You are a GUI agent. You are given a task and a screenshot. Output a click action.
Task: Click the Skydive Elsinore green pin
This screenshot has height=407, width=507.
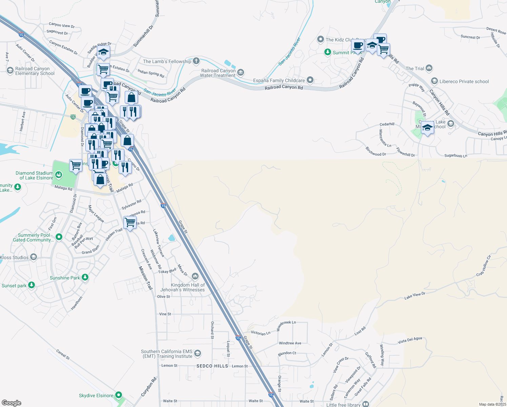pos(119,395)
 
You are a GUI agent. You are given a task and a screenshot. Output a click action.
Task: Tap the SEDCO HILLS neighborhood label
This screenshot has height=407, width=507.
pos(212,366)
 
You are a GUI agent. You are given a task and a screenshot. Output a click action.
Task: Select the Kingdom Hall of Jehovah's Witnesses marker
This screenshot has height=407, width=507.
pos(195,276)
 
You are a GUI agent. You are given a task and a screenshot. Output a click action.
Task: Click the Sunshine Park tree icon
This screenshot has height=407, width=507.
pos(85,277)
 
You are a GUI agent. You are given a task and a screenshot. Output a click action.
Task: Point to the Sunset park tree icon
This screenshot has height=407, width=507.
pos(32,285)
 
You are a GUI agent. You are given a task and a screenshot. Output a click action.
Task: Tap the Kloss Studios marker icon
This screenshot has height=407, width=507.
pos(34,257)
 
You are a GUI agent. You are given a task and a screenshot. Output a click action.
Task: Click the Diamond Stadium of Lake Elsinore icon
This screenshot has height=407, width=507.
pos(59,175)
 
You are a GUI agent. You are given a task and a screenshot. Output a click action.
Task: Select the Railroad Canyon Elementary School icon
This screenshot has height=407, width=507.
pos(10,70)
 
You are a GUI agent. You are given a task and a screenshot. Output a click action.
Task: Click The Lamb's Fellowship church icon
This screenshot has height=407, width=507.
pos(196,61)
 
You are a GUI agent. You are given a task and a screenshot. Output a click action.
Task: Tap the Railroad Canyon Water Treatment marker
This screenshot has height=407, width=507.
pos(241,72)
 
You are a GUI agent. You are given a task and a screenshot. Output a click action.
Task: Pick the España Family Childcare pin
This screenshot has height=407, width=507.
pos(310,80)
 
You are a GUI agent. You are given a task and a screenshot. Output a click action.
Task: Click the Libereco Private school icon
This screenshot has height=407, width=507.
pos(434,81)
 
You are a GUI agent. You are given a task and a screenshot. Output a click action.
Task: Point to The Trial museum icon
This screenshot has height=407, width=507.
pos(429,68)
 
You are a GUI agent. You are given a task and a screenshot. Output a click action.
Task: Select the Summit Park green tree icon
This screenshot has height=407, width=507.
pos(327,52)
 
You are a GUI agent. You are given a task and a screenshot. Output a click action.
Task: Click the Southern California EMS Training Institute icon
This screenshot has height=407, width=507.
pos(198,354)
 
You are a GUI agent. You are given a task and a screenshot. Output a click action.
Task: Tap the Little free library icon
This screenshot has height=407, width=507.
pos(366,404)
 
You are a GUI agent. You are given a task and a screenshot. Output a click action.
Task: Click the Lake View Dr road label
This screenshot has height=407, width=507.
pos(415,296)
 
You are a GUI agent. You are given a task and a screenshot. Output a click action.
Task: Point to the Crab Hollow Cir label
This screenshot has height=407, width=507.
pos(484,266)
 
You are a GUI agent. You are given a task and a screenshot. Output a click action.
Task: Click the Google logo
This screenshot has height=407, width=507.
pos(12,403)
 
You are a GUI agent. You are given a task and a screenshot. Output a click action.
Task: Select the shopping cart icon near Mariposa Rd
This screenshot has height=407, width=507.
pos(130,223)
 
